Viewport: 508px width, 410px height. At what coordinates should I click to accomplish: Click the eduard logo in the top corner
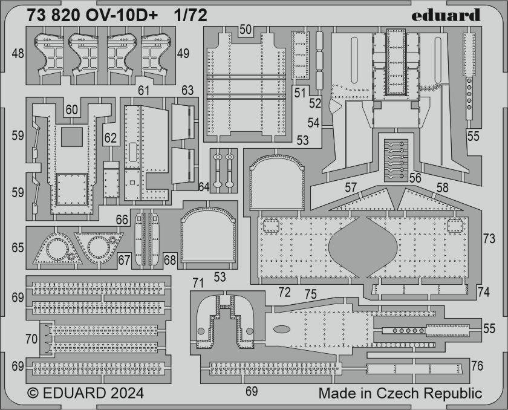pyautogui.click(x=446, y=15)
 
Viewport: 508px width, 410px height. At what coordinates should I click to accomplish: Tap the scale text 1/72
pyautogui.click(x=190, y=15)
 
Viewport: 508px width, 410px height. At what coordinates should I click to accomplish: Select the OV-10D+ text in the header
pyautogui.click(x=122, y=15)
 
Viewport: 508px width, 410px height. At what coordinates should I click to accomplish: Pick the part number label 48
pyautogui.click(x=18, y=53)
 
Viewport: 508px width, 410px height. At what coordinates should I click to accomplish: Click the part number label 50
pyautogui.click(x=246, y=30)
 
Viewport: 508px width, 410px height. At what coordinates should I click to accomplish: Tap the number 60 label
pyautogui.click(x=71, y=110)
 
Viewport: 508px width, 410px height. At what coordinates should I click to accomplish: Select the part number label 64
pyautogui.click(x=203, y=187)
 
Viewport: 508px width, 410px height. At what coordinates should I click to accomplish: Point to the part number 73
pyautogui.click(x=489, y=239)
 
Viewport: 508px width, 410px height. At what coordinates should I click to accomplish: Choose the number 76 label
pyautogui.click(x=477, y=366)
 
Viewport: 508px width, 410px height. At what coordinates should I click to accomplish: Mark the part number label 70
pyautogui.click(x=31, y=339)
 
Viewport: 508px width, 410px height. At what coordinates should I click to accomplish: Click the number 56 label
pyautogui.click(x=415, y=178)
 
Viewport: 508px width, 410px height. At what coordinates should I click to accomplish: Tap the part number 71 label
pyautogui.click(x=198, y=284)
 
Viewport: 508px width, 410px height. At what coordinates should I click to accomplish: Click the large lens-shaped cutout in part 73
pyautogui.click(x=363, y=247)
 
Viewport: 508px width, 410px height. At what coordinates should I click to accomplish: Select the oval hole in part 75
pyautogui.click(x=282, y=330)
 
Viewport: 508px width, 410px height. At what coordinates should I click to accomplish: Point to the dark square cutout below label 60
pyautogui.click(x=72, y=137)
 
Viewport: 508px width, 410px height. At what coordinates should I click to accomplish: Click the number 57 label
pyautogui.click(x=351, y=187)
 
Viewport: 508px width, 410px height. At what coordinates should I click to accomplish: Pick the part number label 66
pyautogui.click(x=122, y=220)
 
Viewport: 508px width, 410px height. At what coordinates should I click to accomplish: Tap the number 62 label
pyautogui.click(x=110, y=138)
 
